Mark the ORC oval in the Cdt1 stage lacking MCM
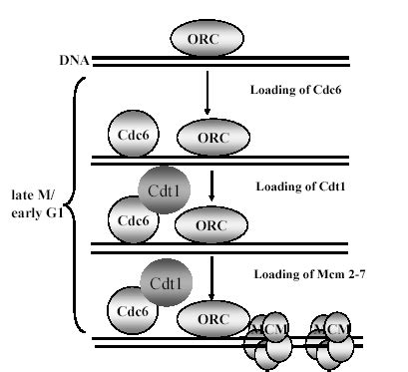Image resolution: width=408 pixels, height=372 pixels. point(211,225)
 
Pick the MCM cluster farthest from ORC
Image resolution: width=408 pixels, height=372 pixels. point(332,339)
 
